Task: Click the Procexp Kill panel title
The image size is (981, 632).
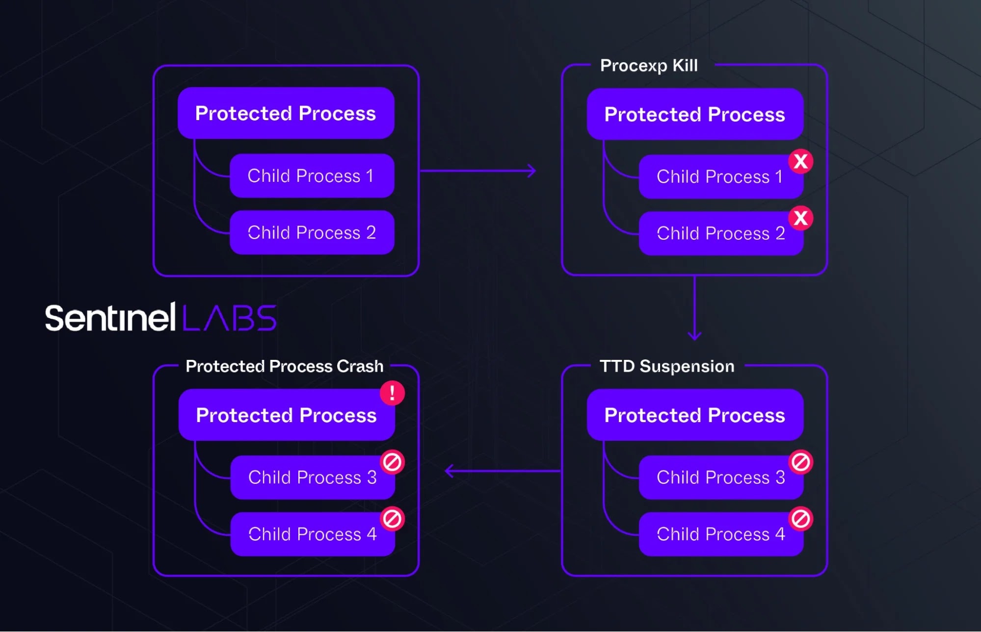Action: (649, 66)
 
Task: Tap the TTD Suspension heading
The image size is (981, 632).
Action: (667, 366)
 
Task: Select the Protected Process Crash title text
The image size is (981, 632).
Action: (285, 366)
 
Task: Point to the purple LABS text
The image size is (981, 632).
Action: (230, 318)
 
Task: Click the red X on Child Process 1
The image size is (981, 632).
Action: (801, 161)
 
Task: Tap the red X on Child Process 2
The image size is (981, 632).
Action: (801, 218)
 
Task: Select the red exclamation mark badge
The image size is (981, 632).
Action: (392, 393)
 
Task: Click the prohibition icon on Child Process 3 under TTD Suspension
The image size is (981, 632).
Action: (801, 462)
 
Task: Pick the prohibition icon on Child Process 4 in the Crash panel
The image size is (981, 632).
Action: (392, 519)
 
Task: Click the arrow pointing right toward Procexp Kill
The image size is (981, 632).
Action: (478, 171)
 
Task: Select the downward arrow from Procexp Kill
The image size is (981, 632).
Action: (694, 308)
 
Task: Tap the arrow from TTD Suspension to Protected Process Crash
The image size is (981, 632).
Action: (503, 471)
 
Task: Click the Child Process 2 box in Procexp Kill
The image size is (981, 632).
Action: (721, 233)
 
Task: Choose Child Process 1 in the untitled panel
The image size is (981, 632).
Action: (312, 176)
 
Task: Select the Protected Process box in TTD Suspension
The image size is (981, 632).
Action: (695, 415)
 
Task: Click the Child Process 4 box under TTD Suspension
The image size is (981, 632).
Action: (721, 534)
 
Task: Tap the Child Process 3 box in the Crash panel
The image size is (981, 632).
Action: (313, 478)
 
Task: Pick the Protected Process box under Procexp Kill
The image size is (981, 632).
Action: (695, 114)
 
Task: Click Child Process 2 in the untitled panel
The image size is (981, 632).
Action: (312, 232)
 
